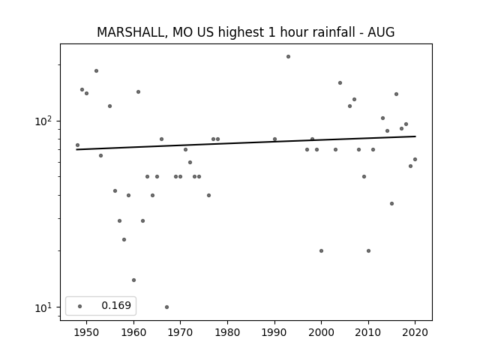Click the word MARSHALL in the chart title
[x=132, y=32]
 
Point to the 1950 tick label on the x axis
[x=86, y=332]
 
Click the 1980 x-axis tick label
[x=227, y=332]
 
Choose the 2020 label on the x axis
[x=415, y=332]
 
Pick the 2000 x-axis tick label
[x=322, y=332]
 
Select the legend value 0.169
[x=116, y=305]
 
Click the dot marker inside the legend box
[x=80, y=306]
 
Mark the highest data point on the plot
[x=288, y=57]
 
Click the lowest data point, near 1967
[x=166, y=307]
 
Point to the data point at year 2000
[x=322, y=250]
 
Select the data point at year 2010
[x=368, y=250]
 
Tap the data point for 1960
[x=133, y=280]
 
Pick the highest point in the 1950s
[x=97, y=71]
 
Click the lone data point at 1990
[x=275, y=139]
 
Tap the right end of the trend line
[x=415, y=136]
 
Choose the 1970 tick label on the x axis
[x=180, y=332]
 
